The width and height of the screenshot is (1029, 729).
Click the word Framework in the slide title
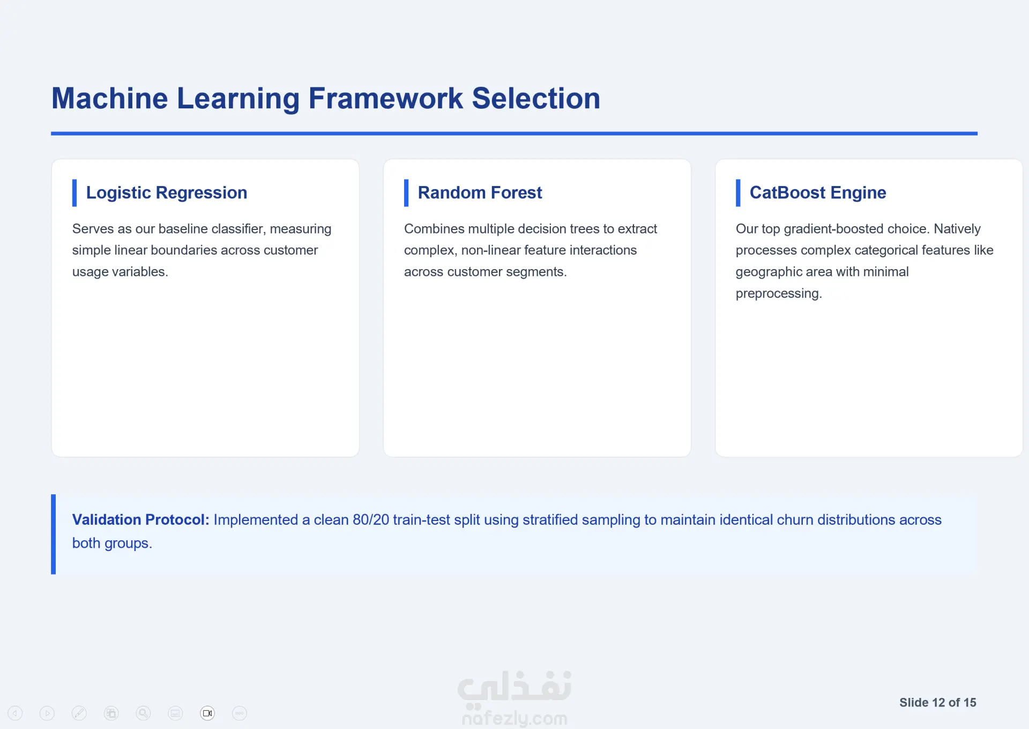[385, 99]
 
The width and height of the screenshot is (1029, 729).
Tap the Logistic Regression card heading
[167, 192]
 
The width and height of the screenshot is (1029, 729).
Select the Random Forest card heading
[480, 192]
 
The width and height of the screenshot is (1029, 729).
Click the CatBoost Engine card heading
[817, 192]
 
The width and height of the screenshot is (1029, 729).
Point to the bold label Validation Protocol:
[140, 520]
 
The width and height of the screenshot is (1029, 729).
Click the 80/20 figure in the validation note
[371, 520]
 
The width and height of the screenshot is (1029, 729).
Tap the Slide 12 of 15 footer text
[937, 703]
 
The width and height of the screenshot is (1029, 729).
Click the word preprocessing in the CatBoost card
[779, 294]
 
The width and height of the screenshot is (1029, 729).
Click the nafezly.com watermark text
[514, 718]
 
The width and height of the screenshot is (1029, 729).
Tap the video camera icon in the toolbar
[207, 713]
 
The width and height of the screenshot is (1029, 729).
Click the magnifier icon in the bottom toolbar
[143, 713]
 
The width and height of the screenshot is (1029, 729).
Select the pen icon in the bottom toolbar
[79, 713]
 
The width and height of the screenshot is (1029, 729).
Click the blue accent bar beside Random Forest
[406, 193]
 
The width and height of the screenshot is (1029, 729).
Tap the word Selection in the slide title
[536, 99]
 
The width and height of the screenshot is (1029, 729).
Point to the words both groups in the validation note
[112, 543]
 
